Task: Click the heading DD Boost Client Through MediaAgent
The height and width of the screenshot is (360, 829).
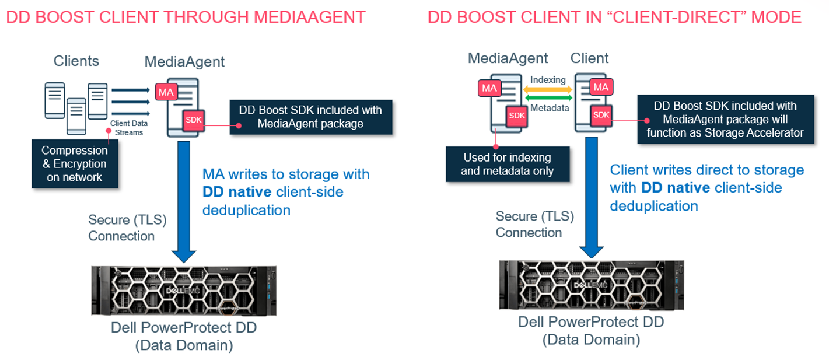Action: tap(186, 16)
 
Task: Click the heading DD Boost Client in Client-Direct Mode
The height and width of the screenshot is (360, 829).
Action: tap(614, 16)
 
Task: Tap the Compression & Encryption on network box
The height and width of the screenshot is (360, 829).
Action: tap(75, 164)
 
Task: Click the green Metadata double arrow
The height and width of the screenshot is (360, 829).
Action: tap(548, 99)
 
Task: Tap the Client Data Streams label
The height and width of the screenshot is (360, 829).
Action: tap(128, 128)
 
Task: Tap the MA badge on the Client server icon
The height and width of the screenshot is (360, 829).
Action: tap(601, 88)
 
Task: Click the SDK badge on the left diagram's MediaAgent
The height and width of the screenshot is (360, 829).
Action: tap(193, 119)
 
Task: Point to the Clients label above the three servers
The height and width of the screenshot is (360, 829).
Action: tap(76, 61)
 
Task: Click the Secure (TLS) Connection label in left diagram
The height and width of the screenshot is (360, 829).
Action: tap(127, 228)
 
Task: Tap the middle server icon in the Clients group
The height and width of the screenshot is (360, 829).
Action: tap(76, 116)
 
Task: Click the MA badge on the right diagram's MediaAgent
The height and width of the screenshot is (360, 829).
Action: tap(489, 88)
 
